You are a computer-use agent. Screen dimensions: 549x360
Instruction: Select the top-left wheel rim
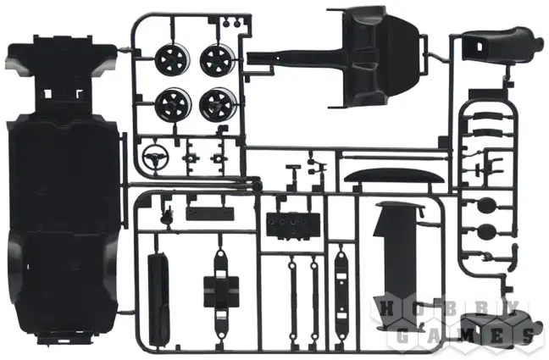[x=172, y=59]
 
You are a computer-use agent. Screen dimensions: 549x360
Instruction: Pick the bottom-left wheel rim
[x=173, y=103]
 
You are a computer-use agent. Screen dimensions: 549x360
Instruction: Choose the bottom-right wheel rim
[x=218, y=103]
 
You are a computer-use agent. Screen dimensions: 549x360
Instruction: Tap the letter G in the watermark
[x=403, y=336]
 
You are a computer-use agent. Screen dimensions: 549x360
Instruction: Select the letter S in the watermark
[x=529, y=336]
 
